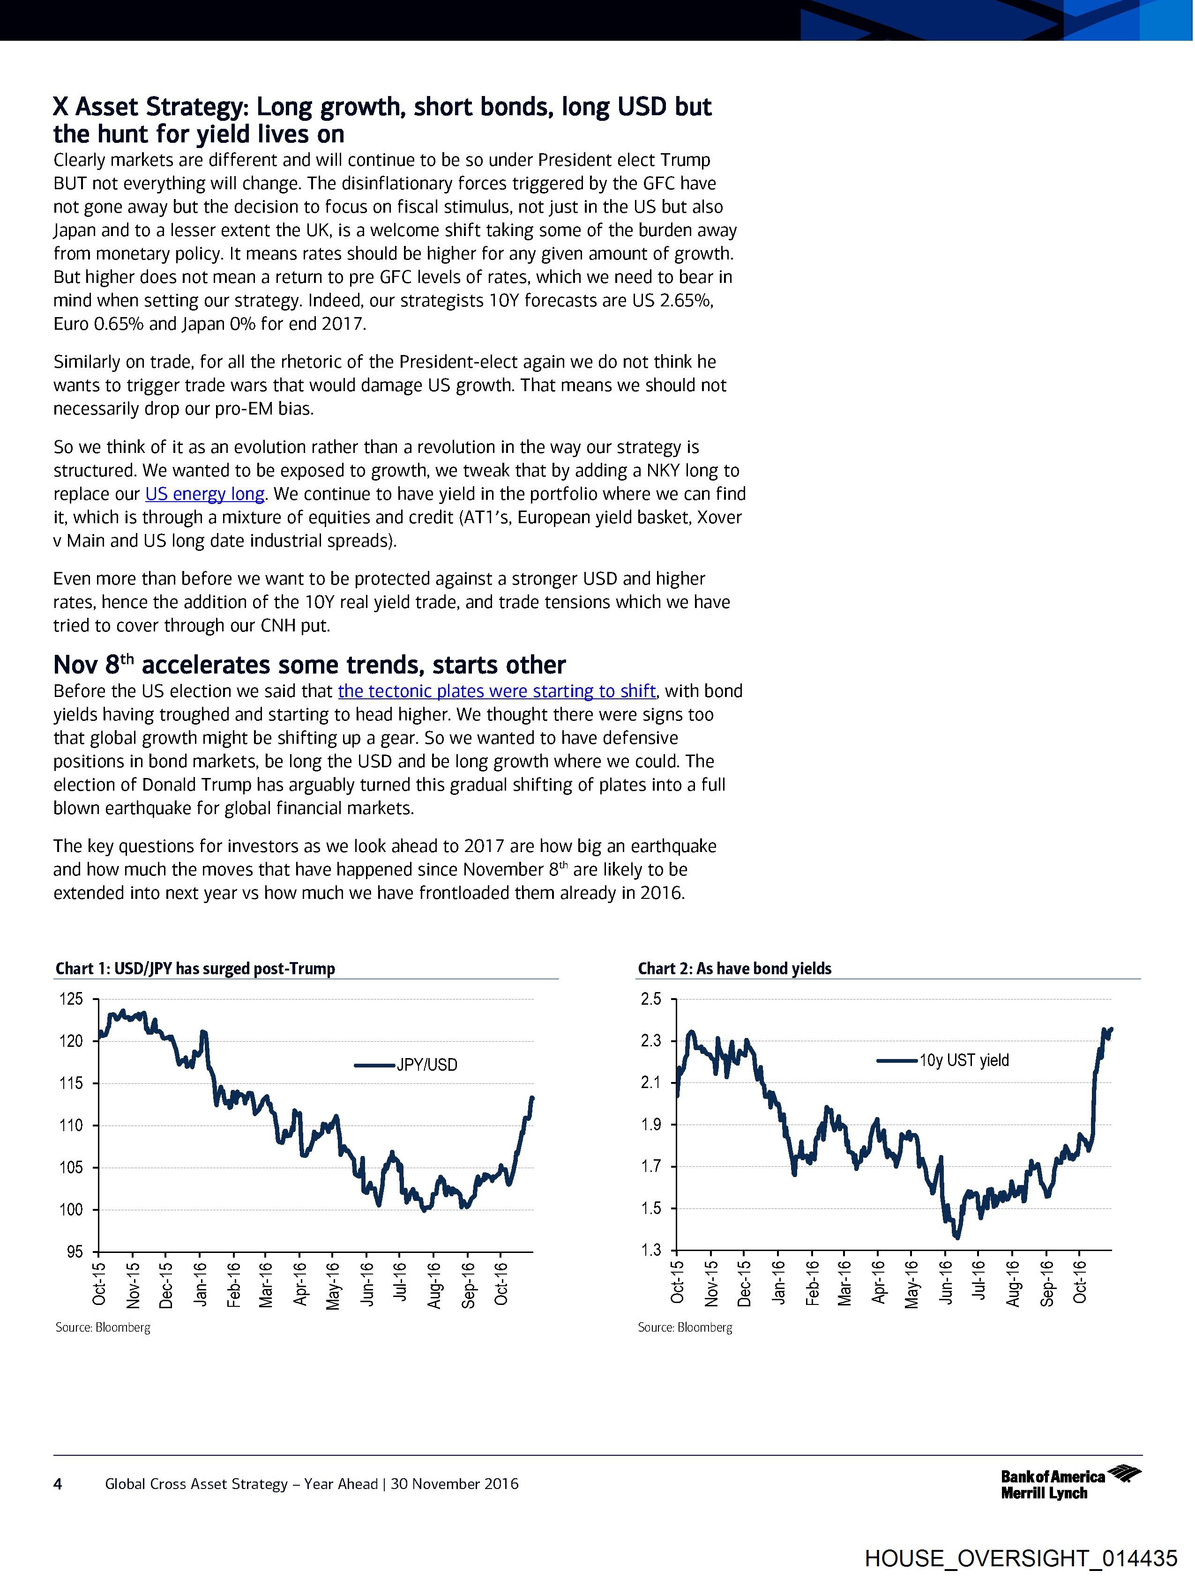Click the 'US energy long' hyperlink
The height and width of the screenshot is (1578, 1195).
(x=205, y=494)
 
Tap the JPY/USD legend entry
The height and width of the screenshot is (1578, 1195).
(x=426, y=1065)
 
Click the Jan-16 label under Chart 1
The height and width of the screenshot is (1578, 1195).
(x=200, y=1284)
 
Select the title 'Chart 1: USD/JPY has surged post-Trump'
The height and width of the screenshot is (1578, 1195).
(x=195, y=968)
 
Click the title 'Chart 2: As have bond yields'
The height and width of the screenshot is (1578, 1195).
(x=734, y=968)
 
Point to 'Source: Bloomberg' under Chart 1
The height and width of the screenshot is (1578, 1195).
(x=103, y=1327)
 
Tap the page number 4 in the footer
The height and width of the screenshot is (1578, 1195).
(x=58, y=1484)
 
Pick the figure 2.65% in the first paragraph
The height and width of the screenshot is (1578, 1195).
(x=685, y=300)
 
